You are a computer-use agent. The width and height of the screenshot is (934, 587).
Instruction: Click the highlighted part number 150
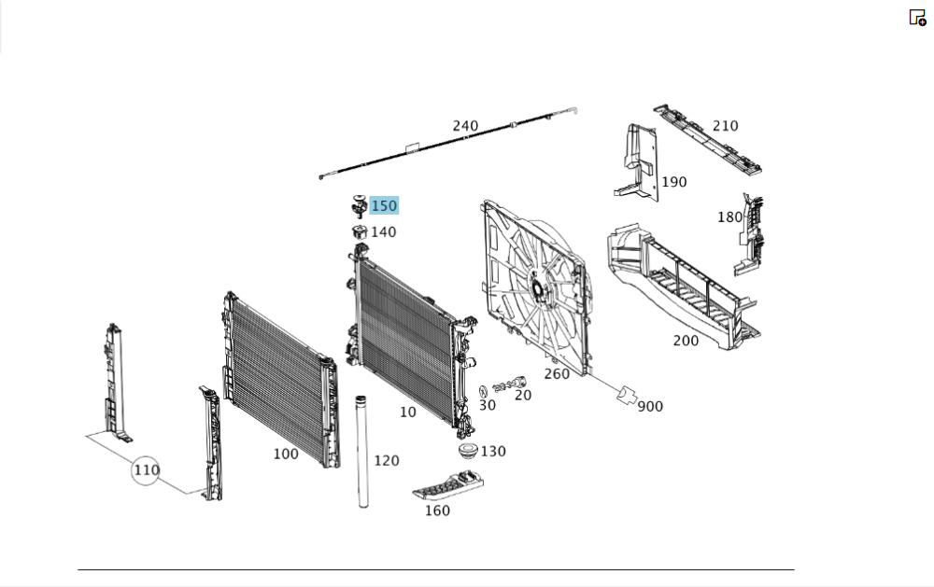[x=384, y=205]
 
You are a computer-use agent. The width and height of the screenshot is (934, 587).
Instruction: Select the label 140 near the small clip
[x=383, y=232]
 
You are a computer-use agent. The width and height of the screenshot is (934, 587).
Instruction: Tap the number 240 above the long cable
[x=465, y=126]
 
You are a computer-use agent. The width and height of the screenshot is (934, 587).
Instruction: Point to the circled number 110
[x=147, y=469]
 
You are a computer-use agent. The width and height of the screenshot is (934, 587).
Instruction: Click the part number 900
[x=650, y=407]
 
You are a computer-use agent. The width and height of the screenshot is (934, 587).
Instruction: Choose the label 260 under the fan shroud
[x=557, y=374]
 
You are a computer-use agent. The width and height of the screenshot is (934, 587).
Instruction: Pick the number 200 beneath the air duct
[x=686, y=341]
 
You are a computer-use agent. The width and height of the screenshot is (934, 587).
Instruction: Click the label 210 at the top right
[x=725, y=126]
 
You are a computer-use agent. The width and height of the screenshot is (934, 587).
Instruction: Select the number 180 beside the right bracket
[x=729, y=217]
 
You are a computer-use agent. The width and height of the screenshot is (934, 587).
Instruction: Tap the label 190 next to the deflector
[x=673, y=182]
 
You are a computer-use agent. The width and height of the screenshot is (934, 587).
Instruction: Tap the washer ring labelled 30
[x=482, y=390]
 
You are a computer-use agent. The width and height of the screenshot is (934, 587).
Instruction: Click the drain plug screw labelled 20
[x=511, y=384]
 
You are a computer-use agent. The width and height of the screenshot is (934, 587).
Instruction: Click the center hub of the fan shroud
[x=539, y=287]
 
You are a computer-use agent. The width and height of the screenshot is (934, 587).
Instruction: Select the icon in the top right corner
[x=917, y=17]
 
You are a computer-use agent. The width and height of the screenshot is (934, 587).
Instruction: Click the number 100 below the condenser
[x=286, y=454]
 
